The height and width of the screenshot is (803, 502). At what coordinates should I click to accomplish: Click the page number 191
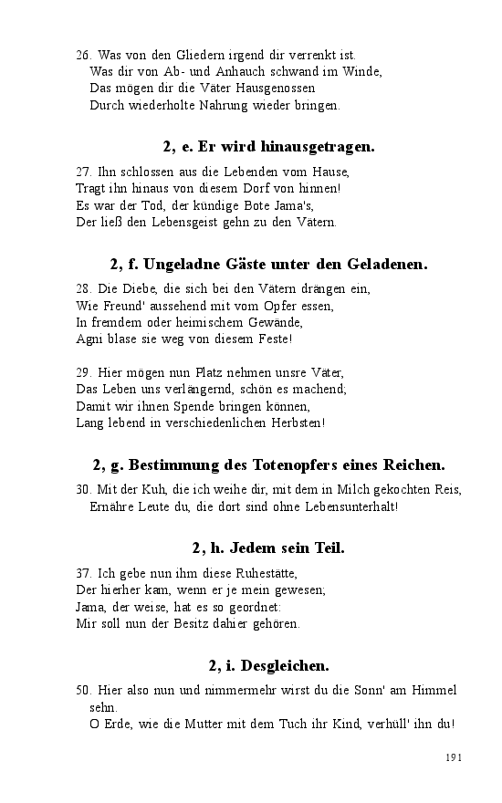coord(455,757)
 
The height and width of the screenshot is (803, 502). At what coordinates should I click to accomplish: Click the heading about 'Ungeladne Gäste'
coord(268,265)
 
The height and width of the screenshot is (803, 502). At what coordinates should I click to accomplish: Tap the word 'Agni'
coord(88,339)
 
